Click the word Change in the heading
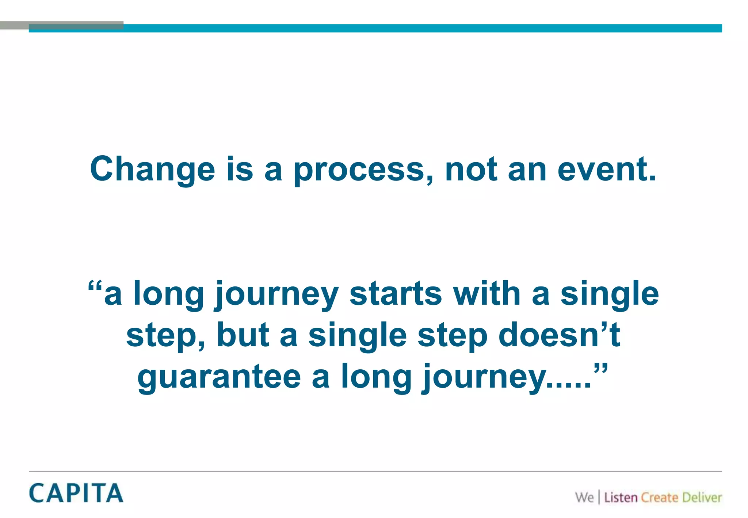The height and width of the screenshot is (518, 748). point(152,169)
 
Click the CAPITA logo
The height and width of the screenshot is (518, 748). point(76,493)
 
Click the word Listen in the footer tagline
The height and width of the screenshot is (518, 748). point(621,498)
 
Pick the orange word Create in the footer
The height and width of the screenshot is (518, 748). point(659,498)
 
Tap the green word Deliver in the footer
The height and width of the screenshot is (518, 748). point(702,498)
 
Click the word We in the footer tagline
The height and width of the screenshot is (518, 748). point(584,498)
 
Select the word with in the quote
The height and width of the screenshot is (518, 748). point(486,294)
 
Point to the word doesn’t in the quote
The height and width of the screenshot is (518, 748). point(559,335)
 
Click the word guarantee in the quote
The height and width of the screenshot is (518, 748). point(219,377)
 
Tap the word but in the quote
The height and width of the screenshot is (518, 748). point(243,335)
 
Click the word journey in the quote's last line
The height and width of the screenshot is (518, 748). point(484,377)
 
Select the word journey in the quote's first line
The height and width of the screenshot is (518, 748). point(276,294)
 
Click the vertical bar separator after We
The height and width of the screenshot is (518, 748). point(599,498)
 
